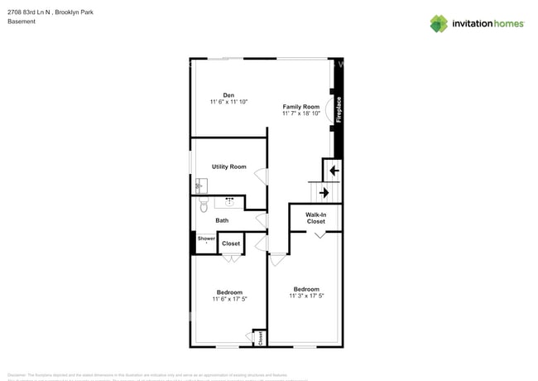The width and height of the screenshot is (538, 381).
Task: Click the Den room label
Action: click(228, 95)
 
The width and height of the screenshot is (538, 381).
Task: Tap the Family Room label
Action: click(300, 107)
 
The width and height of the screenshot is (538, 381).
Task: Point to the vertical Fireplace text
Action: click(338, 109)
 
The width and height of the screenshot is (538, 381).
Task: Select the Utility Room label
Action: click(228, 166)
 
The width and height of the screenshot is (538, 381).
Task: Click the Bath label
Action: click(222, 220)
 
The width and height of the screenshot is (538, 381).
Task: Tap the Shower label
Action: click(205, 239)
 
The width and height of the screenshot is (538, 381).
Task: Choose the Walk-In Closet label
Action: click(315, 218)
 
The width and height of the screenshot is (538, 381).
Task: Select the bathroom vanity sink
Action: click(229, 201)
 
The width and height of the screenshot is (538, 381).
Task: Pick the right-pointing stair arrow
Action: click(324, 192)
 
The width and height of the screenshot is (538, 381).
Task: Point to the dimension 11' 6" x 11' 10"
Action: click(228, 102)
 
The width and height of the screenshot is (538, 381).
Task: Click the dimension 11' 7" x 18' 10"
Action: click(300, 113)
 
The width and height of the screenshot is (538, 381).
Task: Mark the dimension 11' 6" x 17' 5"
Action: click(229, 299)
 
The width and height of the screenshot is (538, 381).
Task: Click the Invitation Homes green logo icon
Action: click(438, 23)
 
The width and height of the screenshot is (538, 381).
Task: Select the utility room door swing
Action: click(261, 176)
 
